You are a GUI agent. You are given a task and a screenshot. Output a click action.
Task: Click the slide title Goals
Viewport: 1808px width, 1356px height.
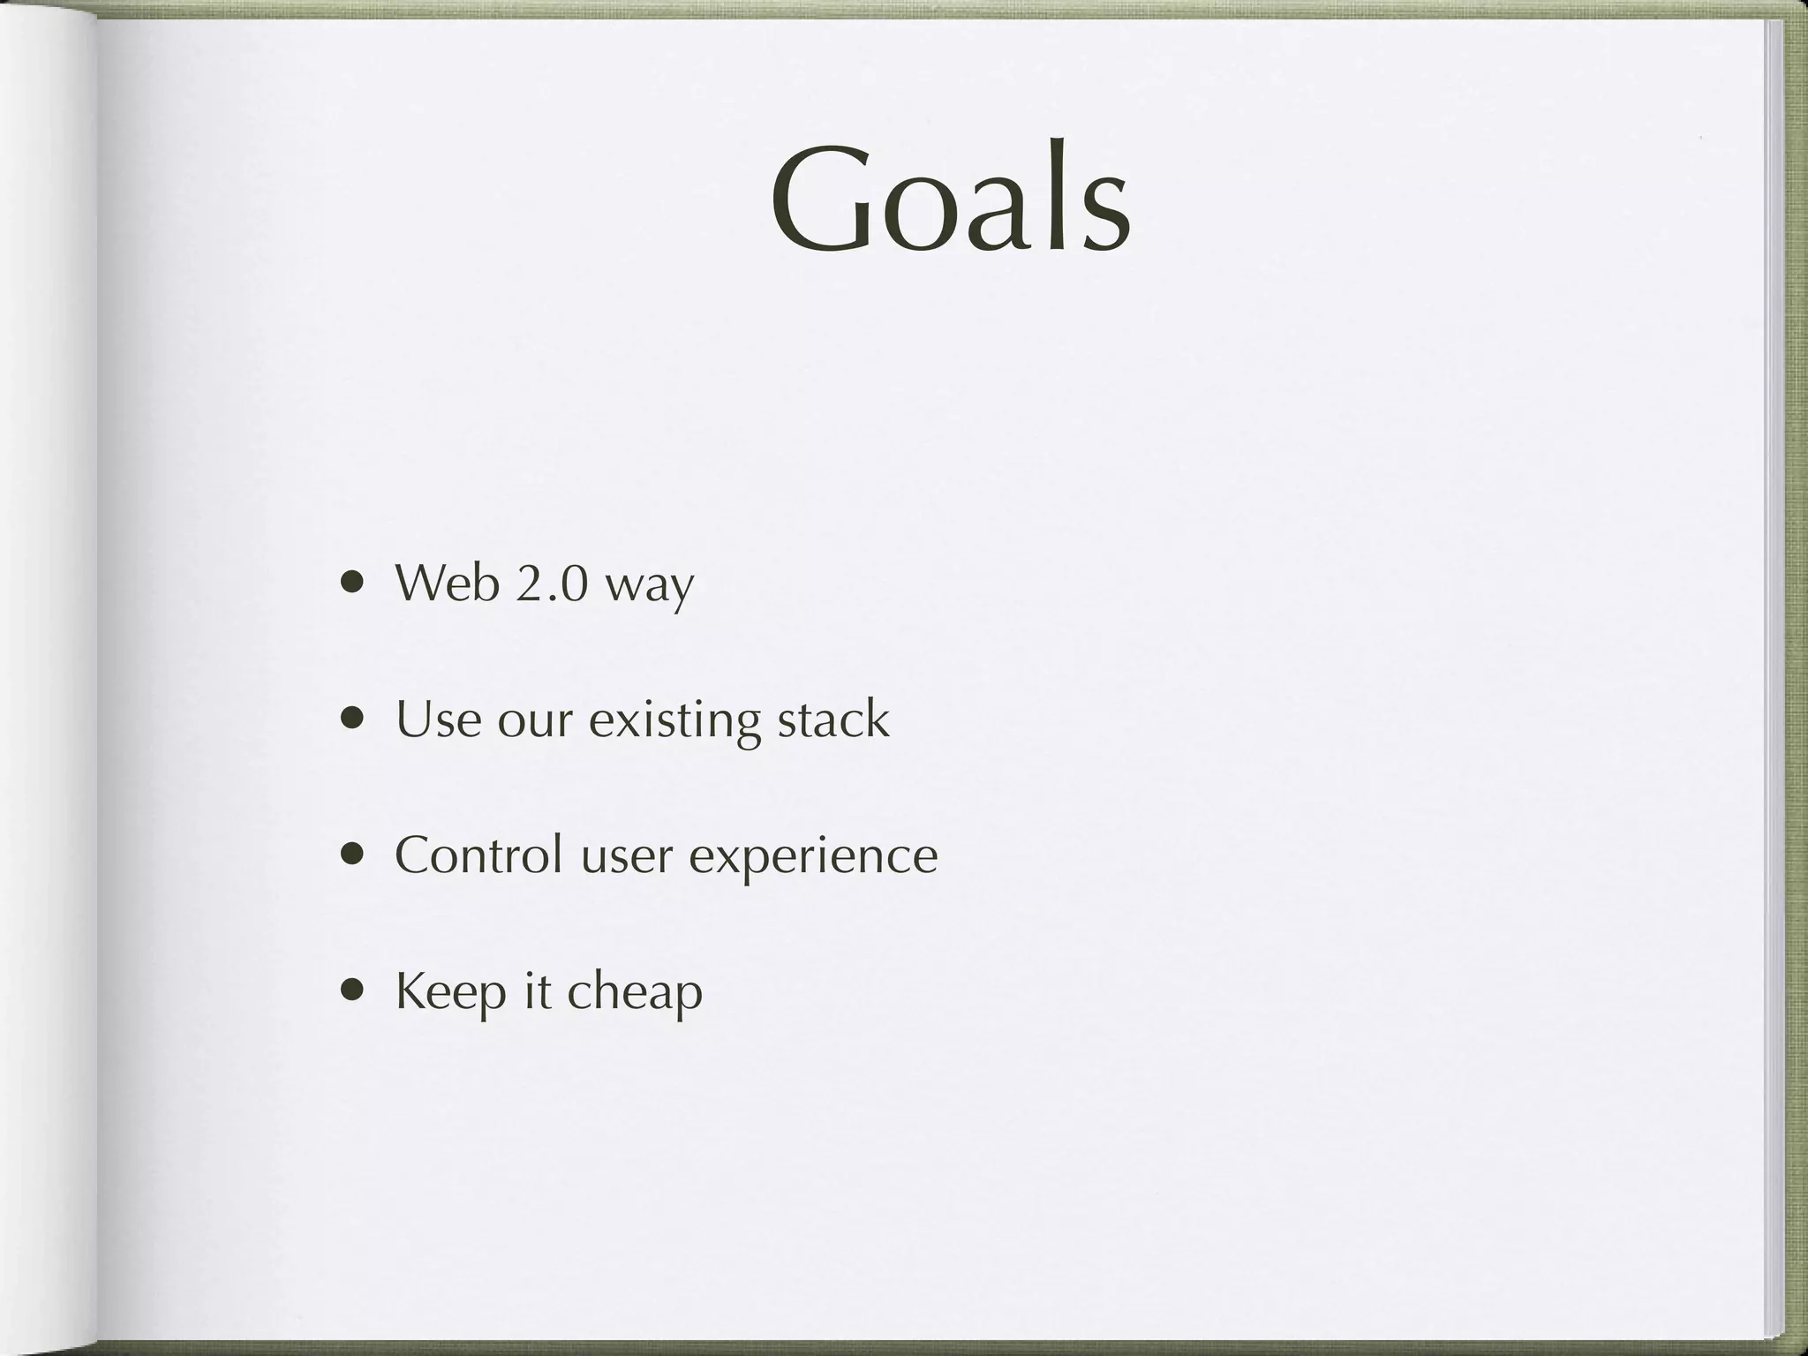pos(951,200)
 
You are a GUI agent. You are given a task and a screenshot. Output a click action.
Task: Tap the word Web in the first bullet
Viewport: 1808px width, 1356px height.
pos(447,584)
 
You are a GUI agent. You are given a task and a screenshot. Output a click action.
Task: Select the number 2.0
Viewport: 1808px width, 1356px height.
pos(551,584)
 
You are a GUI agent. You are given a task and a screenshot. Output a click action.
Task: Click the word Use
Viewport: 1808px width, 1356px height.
pos(438,719)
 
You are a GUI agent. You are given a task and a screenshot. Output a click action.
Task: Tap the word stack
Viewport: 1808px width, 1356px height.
pos(832,719)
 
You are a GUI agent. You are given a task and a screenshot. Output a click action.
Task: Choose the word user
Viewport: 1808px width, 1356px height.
pos(626,858)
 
